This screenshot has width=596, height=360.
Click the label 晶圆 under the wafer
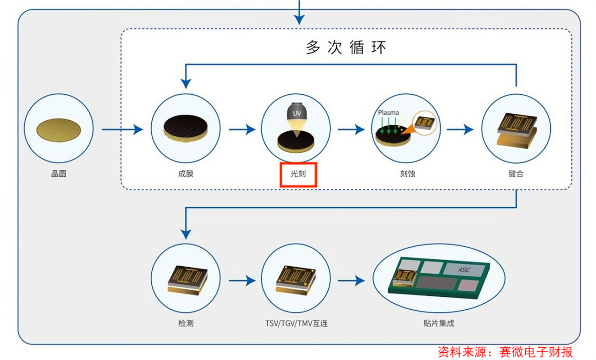tap(58, 174)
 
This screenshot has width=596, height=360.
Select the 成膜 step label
tap(186, 174)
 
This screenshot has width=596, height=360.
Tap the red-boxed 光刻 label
tap(298, 174)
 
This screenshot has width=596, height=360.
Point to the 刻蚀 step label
tap(407, 174)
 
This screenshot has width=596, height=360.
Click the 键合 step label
tap(516, 174)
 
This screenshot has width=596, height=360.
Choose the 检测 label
tap(186, 324)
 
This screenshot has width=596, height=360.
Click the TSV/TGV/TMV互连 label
tap(296, 324)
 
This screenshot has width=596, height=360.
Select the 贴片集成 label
tap(439, 324)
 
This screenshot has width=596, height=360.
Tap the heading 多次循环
tap(346, 47)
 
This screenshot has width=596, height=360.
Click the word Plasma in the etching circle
tap(388, 113)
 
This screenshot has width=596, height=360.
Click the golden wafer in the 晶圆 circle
tap(59, 129)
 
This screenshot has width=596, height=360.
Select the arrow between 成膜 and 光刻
tap(241, 130)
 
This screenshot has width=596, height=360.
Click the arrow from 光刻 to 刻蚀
tap(351, 130)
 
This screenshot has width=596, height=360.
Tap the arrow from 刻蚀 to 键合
tap(460, 130)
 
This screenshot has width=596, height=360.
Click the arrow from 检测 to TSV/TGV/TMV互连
tap(241, 281)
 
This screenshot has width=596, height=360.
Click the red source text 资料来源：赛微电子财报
tap(505, 352)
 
